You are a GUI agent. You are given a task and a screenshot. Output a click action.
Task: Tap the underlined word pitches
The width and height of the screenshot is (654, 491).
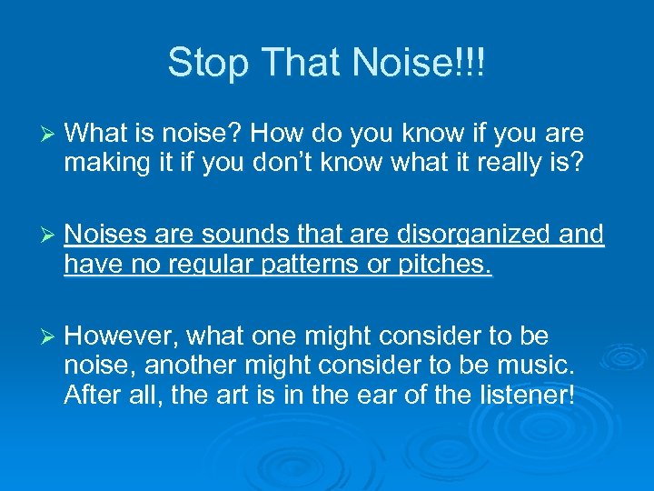[x=447, y=265]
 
